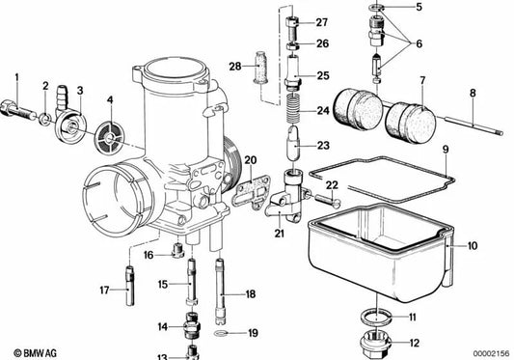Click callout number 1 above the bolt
(x=16, y=75)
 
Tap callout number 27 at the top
(x=321, y=22)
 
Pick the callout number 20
(x=250, y=160)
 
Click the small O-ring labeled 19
(x=223, y=334)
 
